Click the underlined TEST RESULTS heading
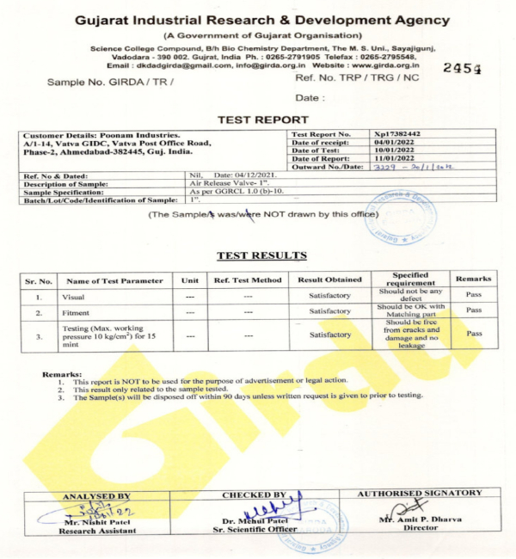coord(261,255)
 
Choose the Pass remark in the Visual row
coord(474,294)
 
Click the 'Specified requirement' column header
coord(411,279)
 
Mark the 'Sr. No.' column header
coord(39,280)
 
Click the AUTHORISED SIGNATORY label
coord(425,493)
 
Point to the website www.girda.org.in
coord(385,64)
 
